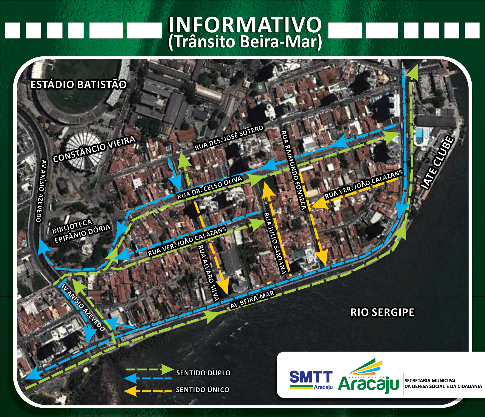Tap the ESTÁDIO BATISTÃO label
(x=78, y=84)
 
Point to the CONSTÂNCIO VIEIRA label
(x=94, y=149)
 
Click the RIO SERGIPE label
(x=382, y=312)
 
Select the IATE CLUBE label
(x=437, y=163)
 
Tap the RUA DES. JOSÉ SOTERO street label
(x=229, y=138)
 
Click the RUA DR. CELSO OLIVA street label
(x=210, y=188)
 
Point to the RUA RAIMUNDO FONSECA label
(x=293, y=170)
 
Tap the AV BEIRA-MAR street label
(x=252, y=300)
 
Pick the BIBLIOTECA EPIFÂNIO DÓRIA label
(x=81, y=231)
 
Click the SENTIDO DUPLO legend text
(x=203, y=373)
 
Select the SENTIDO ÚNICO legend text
(x=203, y=390)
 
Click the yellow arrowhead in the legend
(x=131, y=391)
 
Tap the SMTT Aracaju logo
(x=311, y=380)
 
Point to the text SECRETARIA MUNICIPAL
(x=430, y=381)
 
